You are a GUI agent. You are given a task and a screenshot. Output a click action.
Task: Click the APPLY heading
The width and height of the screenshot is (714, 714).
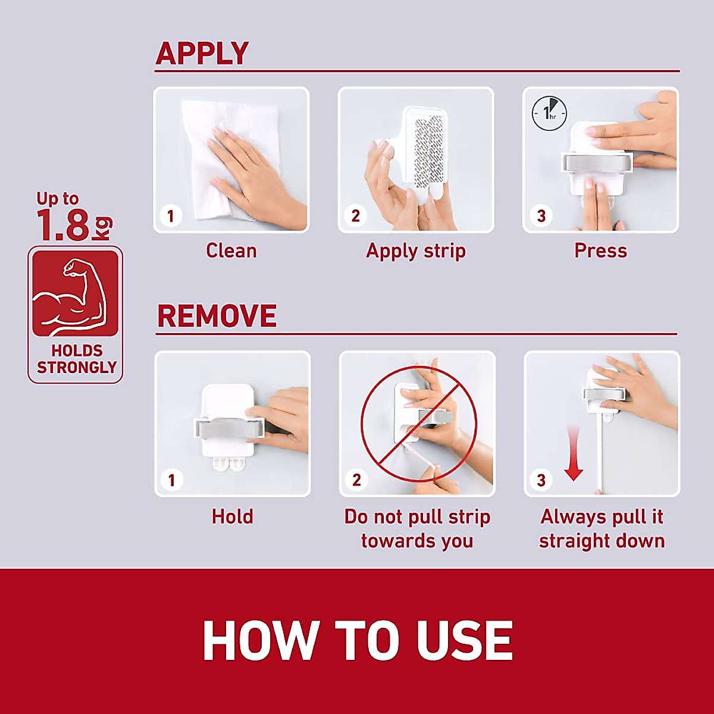point(202,54)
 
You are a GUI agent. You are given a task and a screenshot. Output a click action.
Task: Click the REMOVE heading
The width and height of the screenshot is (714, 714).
point(217,316)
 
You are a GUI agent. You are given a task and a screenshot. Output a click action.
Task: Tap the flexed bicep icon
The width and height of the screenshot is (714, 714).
point(75,293)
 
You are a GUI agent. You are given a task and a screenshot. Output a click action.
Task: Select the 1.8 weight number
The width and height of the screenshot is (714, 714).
point(63,226)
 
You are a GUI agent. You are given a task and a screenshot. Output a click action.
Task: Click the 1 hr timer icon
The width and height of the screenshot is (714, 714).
point(549,112)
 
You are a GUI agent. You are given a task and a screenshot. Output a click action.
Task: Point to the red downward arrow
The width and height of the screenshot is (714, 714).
point(573,452)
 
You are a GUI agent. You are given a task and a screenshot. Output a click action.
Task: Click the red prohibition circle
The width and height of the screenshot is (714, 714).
point(418,424)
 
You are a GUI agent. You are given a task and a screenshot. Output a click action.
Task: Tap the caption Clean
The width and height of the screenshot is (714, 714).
point(231,250)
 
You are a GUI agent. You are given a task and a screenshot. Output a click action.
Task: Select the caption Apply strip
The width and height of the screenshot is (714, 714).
point(415,250)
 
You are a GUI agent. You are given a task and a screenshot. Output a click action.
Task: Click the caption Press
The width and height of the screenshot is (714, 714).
point(600,250)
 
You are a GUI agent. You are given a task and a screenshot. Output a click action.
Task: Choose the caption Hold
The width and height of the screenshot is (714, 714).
point(232,516)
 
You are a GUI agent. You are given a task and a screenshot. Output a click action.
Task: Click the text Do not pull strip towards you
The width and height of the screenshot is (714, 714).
point(417,528)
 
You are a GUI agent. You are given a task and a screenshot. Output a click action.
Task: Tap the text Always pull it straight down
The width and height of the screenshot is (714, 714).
point(602,528)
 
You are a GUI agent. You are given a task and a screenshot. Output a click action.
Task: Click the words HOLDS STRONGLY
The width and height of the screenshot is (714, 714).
point(76,359)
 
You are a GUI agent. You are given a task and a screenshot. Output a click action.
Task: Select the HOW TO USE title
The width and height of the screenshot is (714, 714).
point(357,641)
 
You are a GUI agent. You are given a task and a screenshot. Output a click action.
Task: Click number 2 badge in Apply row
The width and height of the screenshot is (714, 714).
point(355,215)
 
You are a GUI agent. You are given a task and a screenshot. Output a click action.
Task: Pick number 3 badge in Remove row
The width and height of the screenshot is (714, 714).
point(541,480)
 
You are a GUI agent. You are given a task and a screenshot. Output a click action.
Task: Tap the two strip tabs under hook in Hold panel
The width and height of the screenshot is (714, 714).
point(229,463)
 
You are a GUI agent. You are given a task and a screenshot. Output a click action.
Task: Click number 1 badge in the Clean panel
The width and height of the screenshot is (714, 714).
point(171,215)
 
